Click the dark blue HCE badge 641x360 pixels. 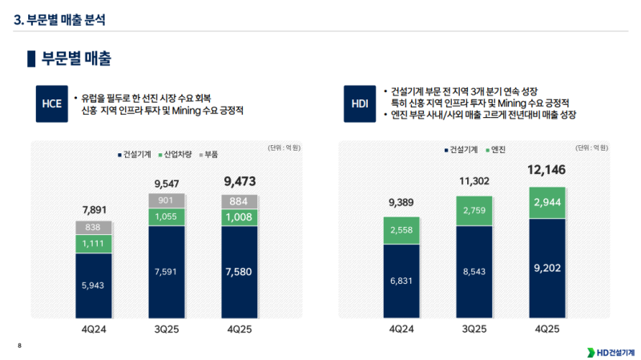(51, 103)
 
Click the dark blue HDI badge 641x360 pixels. (360, 103)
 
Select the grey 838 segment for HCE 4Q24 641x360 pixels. (94, 227)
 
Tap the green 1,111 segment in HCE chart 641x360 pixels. (94, 244)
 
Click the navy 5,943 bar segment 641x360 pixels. (94, 284)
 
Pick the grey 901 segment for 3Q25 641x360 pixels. (166, 200)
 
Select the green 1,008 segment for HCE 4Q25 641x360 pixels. (239, 216)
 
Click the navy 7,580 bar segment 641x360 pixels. (239, 271)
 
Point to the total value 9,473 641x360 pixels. (239, 182)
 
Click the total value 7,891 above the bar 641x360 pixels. (94, 210)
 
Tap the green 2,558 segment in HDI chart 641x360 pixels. (401, 231)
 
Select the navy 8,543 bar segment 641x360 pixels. (474, 272)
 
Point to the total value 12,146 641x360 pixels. (547, 170)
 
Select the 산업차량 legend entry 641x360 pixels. (174, 152)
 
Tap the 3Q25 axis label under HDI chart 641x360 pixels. (474, 329)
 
